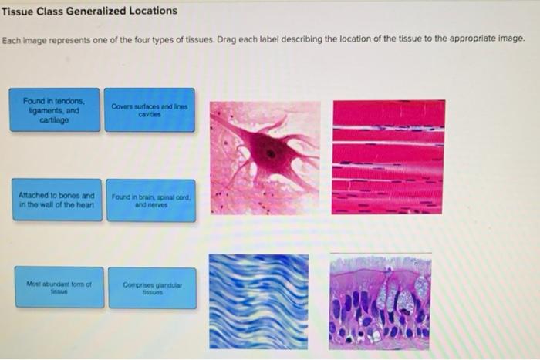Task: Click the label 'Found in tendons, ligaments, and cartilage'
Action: click(x=55, y=109)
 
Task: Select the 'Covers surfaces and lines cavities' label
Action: click(x=149, y=109)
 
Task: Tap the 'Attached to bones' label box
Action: click(x=57, y=200)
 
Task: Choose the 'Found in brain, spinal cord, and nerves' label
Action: click(x=151, y=200)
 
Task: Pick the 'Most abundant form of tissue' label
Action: click(x=59, y=287)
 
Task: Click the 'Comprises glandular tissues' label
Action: click(x=152, y=288)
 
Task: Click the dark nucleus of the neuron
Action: click(x=269, y=153)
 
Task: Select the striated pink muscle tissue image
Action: click(x=387, y=156)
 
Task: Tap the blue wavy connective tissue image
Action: click(x=258, y=301)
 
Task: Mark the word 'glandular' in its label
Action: click(x=170, y=284)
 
